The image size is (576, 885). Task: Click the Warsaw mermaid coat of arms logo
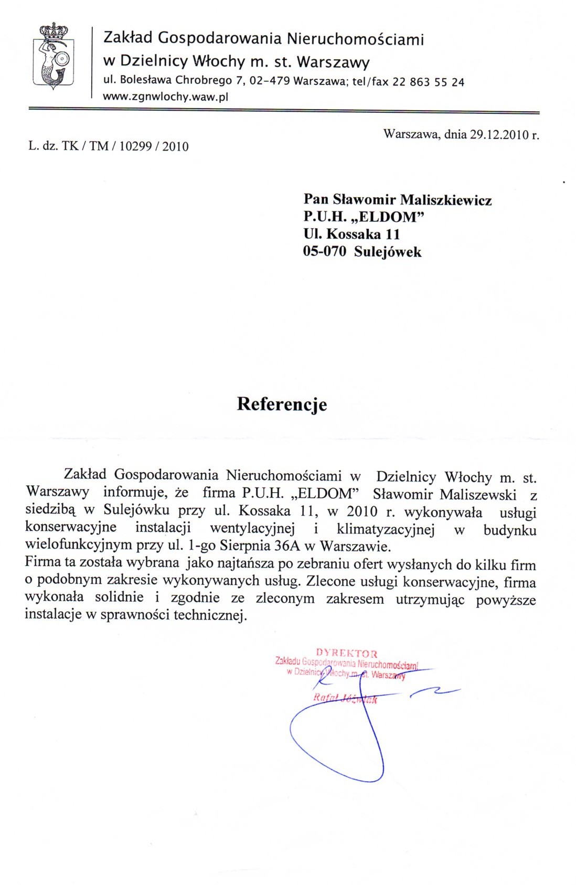coord(53,58)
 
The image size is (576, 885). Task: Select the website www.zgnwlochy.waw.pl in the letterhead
coord(166,97)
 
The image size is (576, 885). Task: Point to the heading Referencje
coord(282,404)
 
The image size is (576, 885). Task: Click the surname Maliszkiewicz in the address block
coord(446,200)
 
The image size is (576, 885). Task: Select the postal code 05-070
coord(325,252)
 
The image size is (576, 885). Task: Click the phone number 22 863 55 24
coord(432,82)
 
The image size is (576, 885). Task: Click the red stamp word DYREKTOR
coord(346,654)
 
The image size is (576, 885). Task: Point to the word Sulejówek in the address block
coord(388,252)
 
